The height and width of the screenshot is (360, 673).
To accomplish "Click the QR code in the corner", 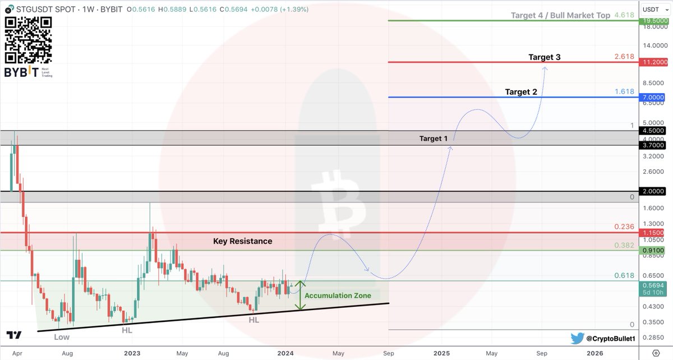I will (28, 40).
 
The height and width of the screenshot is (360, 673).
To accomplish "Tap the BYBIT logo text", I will (22, 73).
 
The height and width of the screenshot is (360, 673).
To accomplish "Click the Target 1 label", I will (434, 138).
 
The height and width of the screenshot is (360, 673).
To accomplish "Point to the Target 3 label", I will (544, 57).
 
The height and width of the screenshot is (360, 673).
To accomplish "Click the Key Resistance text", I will (243, 241).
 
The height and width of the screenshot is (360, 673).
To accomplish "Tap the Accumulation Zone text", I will (338, 296).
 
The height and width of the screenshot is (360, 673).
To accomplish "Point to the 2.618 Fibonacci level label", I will (624, 57).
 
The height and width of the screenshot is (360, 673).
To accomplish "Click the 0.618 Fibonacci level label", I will (624, 275).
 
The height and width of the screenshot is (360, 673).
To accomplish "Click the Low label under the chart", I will (62, 337).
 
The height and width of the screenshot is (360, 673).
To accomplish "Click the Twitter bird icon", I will (578, 338).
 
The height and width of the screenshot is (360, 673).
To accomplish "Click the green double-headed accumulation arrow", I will (301, 295).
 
